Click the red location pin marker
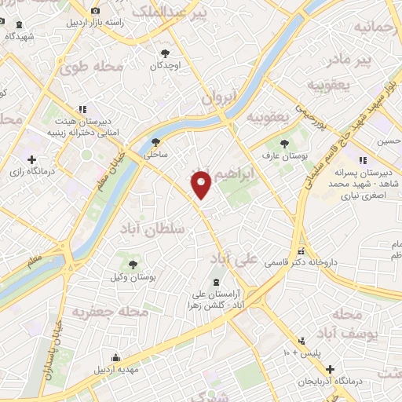click(x=202, y=184)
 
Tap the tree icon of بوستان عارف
click(x=284, y=143)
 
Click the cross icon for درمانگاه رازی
click(x=31, y=160)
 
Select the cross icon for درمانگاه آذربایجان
click(x=330, y=369)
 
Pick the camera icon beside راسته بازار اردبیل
click(x=95, y=11)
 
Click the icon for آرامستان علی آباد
click(x=216, y=283)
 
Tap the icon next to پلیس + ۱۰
click(x=301, y=341)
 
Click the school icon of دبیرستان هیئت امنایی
click(x=82, y=110)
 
